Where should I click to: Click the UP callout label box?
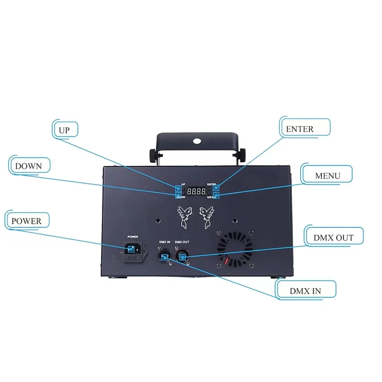coord(66,130)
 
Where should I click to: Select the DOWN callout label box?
coord(29,166)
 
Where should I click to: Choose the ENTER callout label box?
coord(304,129)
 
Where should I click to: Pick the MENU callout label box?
coord(327,176)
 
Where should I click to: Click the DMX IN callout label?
coord(305,291)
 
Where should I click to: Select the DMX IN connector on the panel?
coord(165,257)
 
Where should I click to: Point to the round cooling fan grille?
coord(235,248)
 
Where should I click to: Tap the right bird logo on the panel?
coord(207,217)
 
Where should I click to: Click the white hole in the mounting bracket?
coord(197,141)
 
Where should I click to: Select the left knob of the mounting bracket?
coord(153,155)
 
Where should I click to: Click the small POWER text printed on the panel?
coord(133,237)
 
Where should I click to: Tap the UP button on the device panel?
coord(178,189)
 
